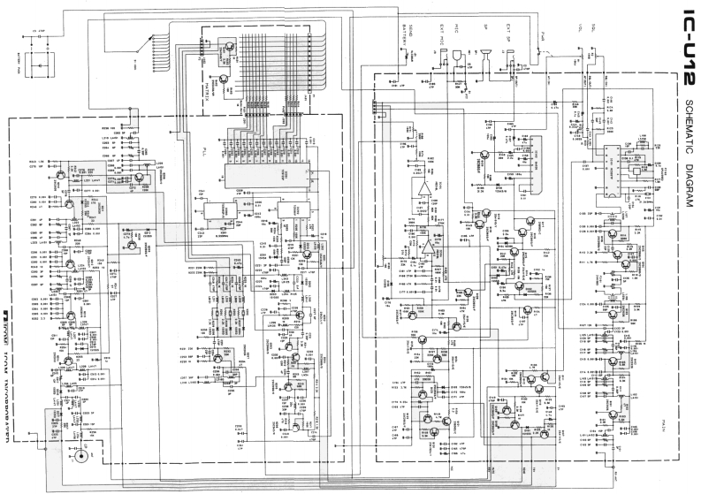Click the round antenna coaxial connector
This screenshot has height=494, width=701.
[x=83, y=458]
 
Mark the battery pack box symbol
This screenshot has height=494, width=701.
[x=36, y=65]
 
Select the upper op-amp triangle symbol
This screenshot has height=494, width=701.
[x=423, y=186]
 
